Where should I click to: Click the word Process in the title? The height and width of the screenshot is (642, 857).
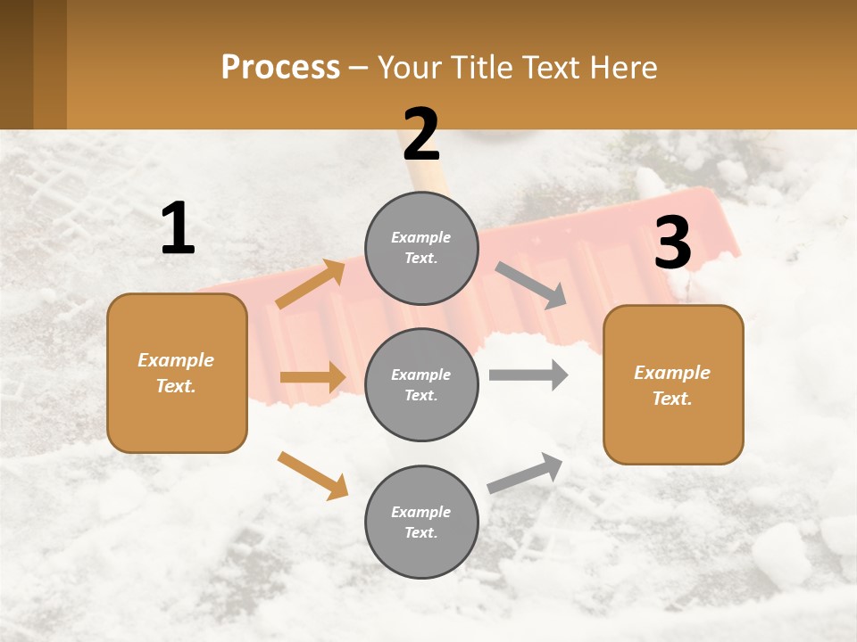tap(280, 68)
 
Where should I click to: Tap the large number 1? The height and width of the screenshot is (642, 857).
tap(178, 229)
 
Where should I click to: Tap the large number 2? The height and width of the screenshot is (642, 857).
tap(421, 135)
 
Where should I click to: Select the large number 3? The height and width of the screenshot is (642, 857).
tap(672, 243)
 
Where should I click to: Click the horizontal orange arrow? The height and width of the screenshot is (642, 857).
tap(312, 377)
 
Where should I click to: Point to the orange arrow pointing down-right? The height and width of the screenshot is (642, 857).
tap(312, 475)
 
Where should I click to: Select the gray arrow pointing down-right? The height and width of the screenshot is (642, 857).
tap(531, 285)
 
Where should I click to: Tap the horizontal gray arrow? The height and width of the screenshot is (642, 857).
tap(528, 375)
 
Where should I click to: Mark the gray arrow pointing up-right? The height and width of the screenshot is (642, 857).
tap(525, 473)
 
